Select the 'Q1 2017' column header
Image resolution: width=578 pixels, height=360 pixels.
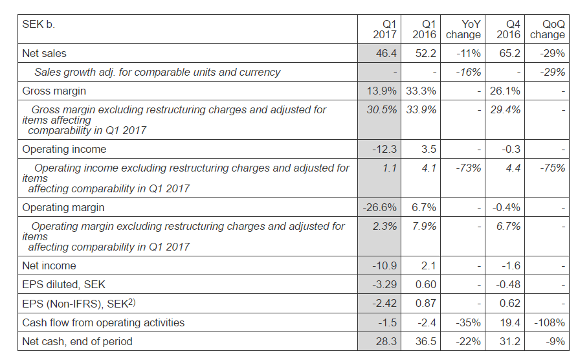point(385,29)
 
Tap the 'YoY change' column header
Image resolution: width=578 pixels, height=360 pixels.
point(463,29)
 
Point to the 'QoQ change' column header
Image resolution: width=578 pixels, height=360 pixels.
point(548,29)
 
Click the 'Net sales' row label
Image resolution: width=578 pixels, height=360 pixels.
point(44,53)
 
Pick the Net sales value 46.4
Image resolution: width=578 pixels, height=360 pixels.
point(386,53)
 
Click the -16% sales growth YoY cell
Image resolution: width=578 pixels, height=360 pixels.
point(468,72)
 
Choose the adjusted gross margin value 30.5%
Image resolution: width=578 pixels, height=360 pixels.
point(382,109)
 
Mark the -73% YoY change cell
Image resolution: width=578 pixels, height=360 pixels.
point(468,168)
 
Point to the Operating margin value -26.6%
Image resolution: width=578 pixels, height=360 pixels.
point(381,207)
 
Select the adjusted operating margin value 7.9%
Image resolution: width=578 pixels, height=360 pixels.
point(424,226)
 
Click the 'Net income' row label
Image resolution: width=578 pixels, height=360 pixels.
point(49,265)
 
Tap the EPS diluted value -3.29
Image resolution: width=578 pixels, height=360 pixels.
point(384,284)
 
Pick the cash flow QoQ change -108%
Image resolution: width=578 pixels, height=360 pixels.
point(550,322)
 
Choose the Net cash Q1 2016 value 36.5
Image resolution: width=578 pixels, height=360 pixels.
point(425,341)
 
